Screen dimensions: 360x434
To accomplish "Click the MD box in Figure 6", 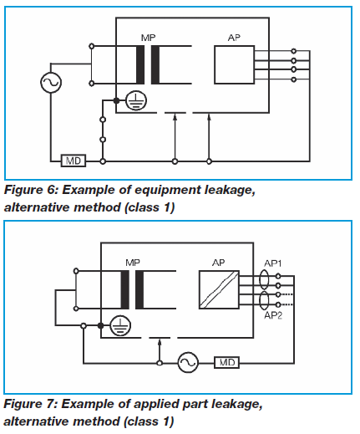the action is tap(74, 161).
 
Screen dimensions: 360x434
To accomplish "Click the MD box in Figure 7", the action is tap(226, 362).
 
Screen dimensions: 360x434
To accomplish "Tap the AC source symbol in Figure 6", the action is tap(51, 83).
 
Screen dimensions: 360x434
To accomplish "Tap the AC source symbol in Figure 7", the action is tap(188, 362).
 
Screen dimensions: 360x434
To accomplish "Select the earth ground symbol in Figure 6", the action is tap(136, 101).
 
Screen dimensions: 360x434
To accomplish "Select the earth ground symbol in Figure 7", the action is tap(120, 326).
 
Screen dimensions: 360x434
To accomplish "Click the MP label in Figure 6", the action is tap(148, 38).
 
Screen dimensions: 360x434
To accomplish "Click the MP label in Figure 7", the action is tap(133, 263).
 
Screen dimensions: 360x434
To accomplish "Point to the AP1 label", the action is tap(273, 263).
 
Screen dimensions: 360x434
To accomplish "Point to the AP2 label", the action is tap(273, 315).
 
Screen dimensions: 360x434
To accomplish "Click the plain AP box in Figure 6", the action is tap(234, 64).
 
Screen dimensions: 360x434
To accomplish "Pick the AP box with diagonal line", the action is tap(219, 289).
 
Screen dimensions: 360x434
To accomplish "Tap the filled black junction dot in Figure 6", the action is tap(116, 100).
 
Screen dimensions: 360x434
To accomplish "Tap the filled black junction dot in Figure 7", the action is tap(101, 325).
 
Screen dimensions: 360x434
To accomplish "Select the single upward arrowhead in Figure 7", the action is tap(160, 343).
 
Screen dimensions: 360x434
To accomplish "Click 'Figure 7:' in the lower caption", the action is tap(30, 404).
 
